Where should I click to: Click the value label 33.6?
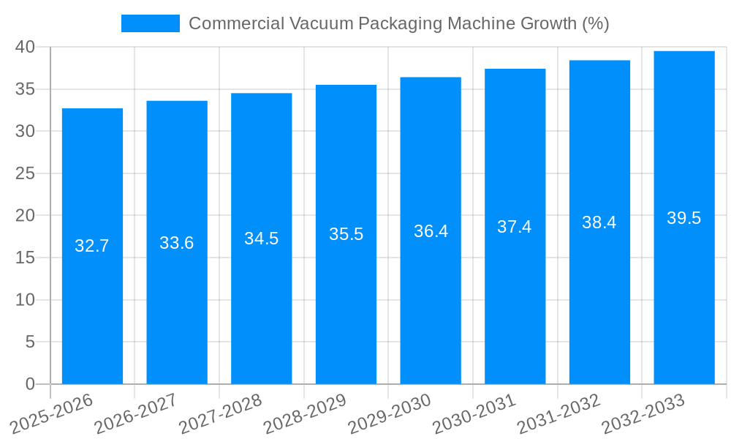point(176,243)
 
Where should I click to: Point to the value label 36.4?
point(431,231)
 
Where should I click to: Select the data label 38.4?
point(599,222)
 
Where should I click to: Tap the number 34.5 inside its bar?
point(261,239)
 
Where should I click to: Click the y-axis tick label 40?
point(26,47)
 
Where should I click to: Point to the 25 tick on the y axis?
point(26,173)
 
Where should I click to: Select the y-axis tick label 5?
point(30,342)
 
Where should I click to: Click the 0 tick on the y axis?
point(30,384)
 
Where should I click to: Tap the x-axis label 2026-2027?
point(136,413)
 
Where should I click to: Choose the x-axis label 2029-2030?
point(390,413)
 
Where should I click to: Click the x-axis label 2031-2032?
point(559,413)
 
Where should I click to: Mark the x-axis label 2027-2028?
point(220,413)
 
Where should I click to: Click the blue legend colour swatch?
point(150,23)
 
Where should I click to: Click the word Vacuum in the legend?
point(321,23)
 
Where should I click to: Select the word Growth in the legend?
point(541,23)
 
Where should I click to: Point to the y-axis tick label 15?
point(26,258)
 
